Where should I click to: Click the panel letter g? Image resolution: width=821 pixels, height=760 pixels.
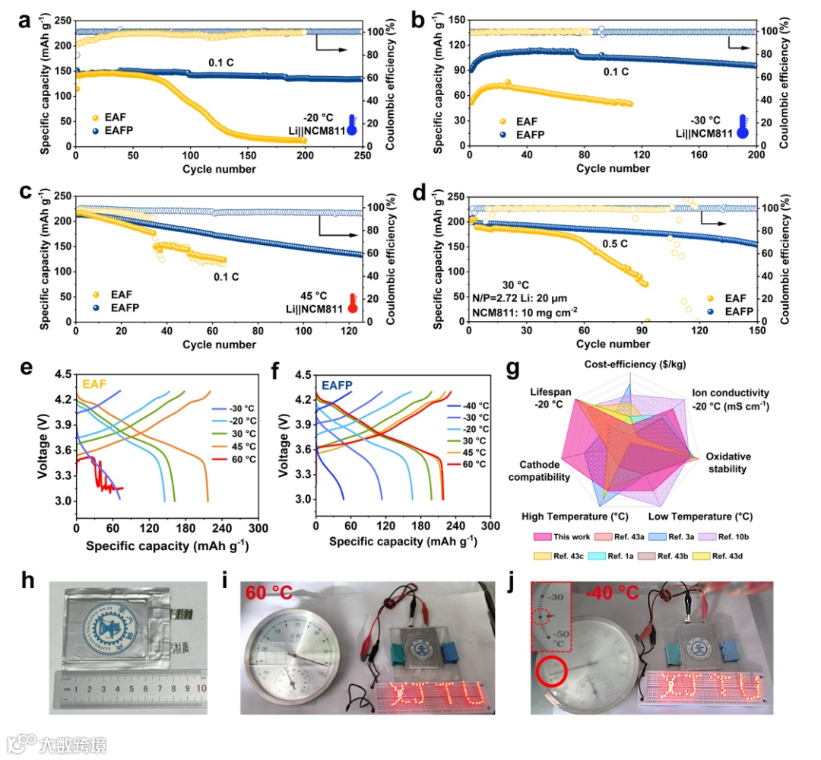click(x=514, y=370)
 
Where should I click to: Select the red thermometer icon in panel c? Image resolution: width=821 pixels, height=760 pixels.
click(x=352, y=302)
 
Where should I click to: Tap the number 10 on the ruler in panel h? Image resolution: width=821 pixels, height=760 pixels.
click(x=201, y=688)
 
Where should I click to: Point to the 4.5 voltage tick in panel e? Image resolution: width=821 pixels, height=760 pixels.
click(x=62, y=374)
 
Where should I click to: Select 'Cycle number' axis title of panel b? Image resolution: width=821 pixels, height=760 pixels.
click(x=613, y=168)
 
